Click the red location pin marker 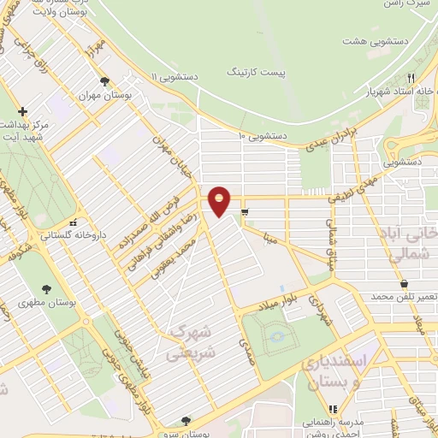pyautogui.click(x=220, y=199)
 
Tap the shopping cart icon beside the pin pyautogui.click(x=246, y=211)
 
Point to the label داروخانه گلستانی pyautogui.click(x=60, y=234)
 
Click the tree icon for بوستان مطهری pyautogui.click(x=46, y=289)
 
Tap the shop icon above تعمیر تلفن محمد pyautogui.click(x=403, y=283)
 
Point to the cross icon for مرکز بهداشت pyautogui.click(x=22, y=111)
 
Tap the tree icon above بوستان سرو pyautogui.click(x=186, y=420)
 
